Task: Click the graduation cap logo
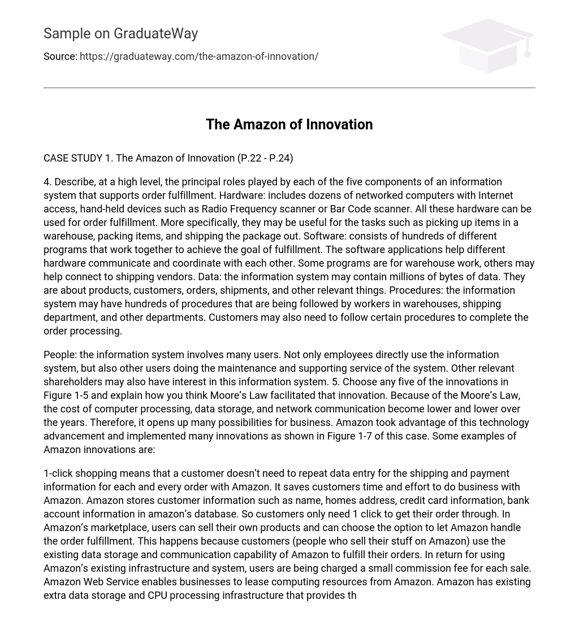488,45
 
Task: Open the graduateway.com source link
199,56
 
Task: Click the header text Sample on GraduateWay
120,34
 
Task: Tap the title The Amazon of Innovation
289,124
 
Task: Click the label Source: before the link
60,56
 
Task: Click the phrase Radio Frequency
238,209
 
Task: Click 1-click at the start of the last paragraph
59,473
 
